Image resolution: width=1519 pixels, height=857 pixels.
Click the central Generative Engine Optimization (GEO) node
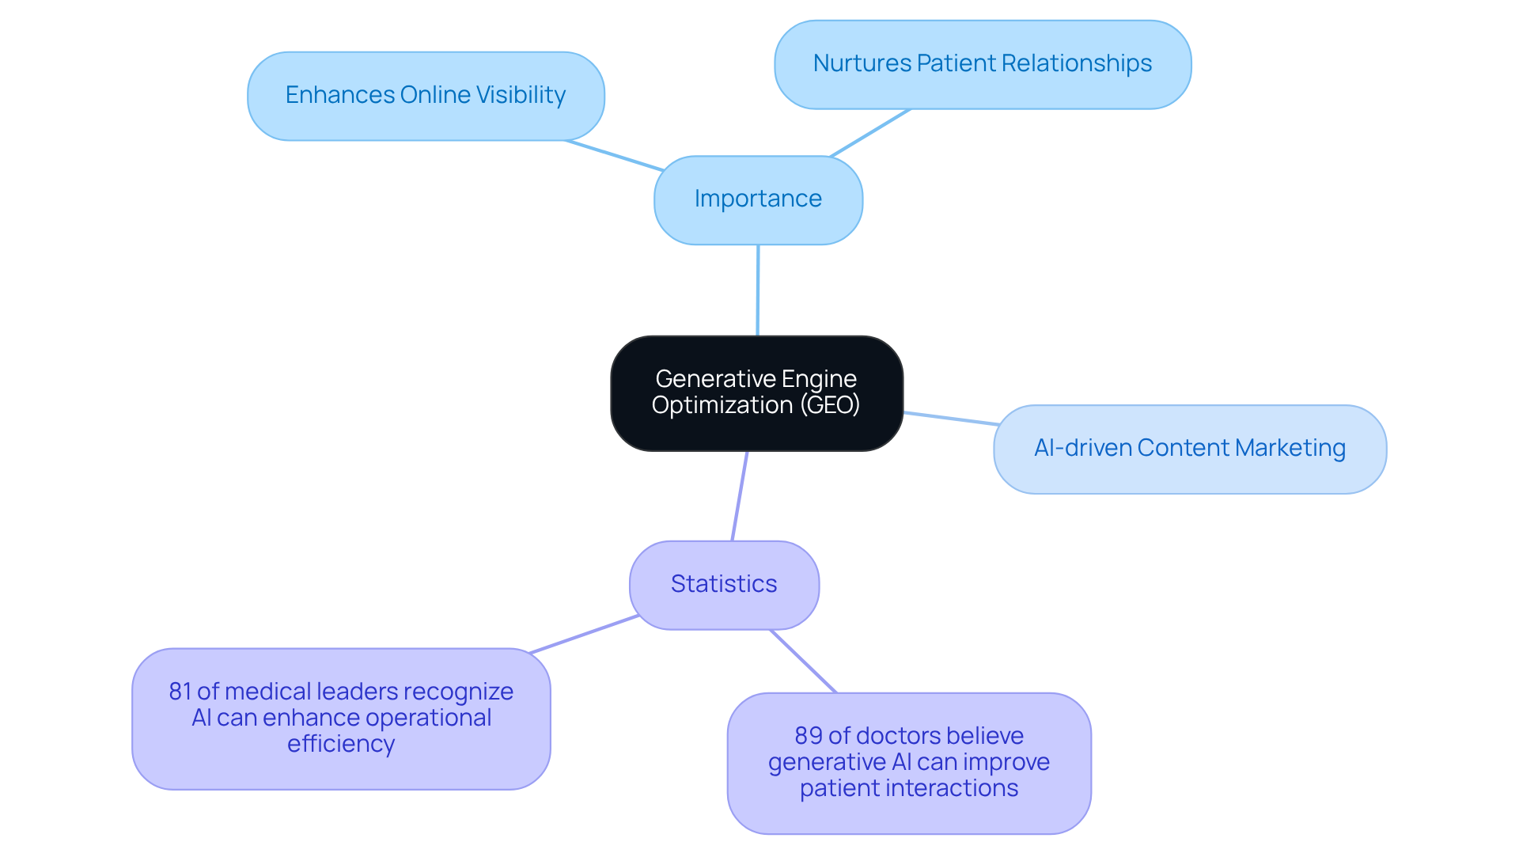coord(756,392)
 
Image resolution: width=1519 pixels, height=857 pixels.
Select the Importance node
coord(758,199)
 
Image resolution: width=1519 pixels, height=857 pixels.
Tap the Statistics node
coord(724,585)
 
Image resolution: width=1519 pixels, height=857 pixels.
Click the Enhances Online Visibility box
coord(426,96)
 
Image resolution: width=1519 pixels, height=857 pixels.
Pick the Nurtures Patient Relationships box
coord(983,64)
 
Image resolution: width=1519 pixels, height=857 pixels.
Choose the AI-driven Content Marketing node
coord(1189,449)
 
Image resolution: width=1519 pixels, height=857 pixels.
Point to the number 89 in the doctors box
coord(808,736)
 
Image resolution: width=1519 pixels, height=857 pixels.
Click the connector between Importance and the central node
coord(758,290)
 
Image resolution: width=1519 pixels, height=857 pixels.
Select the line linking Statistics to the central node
coord(740,496)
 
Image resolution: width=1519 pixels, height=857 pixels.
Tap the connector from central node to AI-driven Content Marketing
coord(949,418)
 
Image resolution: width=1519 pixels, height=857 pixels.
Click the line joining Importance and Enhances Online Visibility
coord(614,156)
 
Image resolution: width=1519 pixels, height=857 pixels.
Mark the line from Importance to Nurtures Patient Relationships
coord(870,133)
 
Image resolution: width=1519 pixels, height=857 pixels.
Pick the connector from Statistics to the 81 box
coord(584,635)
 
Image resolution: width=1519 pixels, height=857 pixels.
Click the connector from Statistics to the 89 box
coord(803,661)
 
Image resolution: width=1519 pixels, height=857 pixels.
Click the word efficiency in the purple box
coord(341,744)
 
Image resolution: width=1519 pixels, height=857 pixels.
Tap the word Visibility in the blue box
coord(521,95)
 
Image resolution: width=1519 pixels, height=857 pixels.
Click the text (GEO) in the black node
coord(829,405)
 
